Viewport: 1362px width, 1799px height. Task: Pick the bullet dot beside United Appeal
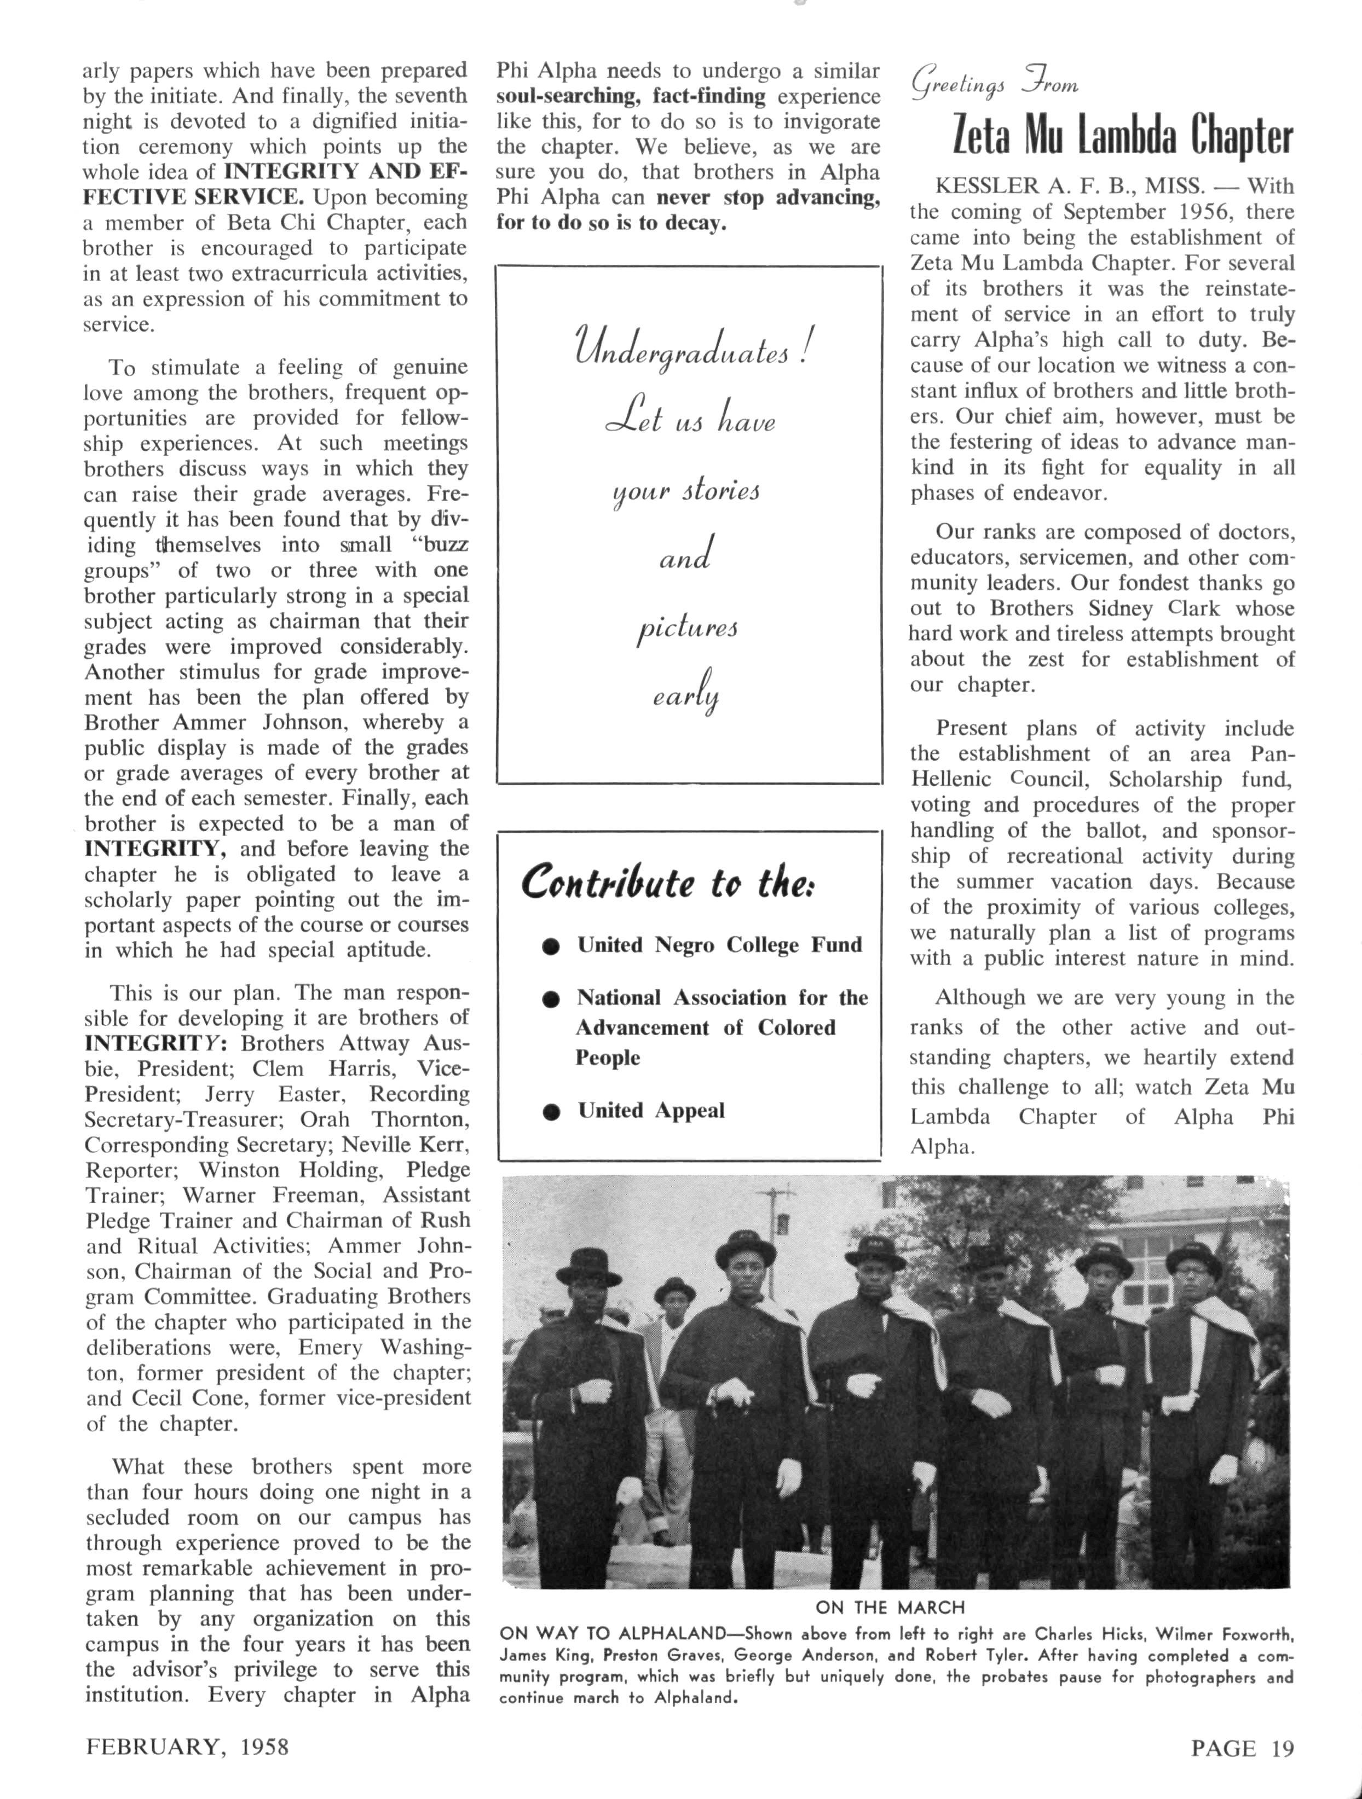coord(552,1112)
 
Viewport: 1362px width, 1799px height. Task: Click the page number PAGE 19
coord(1242,1747)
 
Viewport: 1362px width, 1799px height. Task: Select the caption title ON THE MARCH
coord(890,1607)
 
